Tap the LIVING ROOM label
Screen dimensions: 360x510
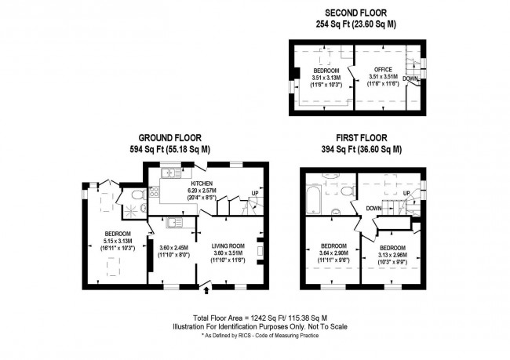click(228, 246)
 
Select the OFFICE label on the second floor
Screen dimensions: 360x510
click(382, 70)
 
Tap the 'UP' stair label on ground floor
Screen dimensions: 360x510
click(254, 193)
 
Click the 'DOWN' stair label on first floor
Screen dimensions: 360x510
click(373, 209)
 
